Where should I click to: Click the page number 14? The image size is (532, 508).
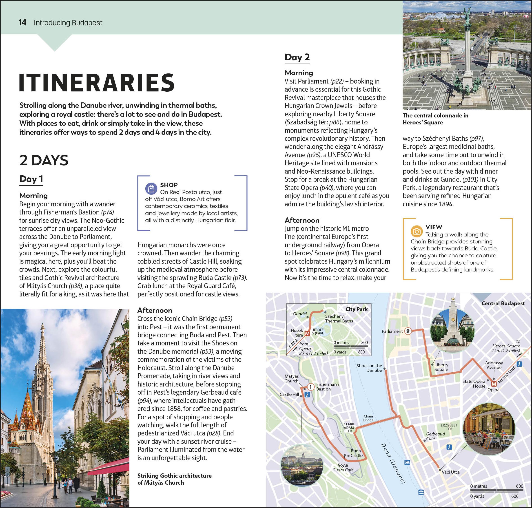point(22,22)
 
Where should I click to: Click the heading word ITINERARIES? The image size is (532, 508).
point(97,83)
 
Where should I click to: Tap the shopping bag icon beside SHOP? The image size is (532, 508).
point(151,188)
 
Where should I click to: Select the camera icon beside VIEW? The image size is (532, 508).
point(417,231)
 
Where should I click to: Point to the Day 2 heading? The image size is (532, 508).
point(297,57)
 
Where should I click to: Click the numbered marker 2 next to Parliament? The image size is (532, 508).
point(408,331)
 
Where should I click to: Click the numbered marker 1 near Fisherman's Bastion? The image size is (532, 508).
point(311,387)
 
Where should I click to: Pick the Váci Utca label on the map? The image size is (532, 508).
point(450,472)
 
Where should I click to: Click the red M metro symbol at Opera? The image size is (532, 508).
point(494,384)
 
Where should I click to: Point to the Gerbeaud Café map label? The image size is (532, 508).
point(435,436)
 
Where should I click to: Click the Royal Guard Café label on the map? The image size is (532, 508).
point(343,467)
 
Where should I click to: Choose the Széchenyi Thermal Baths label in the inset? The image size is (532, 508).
point(339,318)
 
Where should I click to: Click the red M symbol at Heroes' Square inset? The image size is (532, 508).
point(307,334)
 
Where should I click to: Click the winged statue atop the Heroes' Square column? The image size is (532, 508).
point(467,13)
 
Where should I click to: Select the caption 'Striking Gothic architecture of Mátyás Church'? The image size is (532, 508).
point(174,479)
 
